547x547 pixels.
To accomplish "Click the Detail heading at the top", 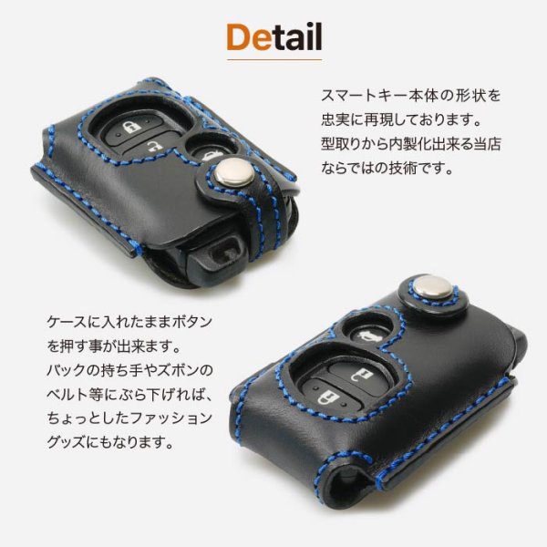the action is point(274,37).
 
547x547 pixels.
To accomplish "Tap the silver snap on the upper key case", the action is point(234,172).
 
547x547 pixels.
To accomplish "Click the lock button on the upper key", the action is point(134,128).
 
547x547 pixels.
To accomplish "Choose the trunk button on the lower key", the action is point(369,334).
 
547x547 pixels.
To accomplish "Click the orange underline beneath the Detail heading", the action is point(274,59).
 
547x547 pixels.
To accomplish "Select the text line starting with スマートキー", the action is point(410,96).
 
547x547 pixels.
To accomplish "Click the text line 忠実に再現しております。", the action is point(401,119).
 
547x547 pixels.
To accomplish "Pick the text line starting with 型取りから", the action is point(410,144).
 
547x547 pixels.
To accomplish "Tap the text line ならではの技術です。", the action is point(387,168).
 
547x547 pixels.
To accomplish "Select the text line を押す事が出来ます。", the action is point(115,346).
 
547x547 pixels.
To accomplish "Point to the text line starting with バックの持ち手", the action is point(129,370).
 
